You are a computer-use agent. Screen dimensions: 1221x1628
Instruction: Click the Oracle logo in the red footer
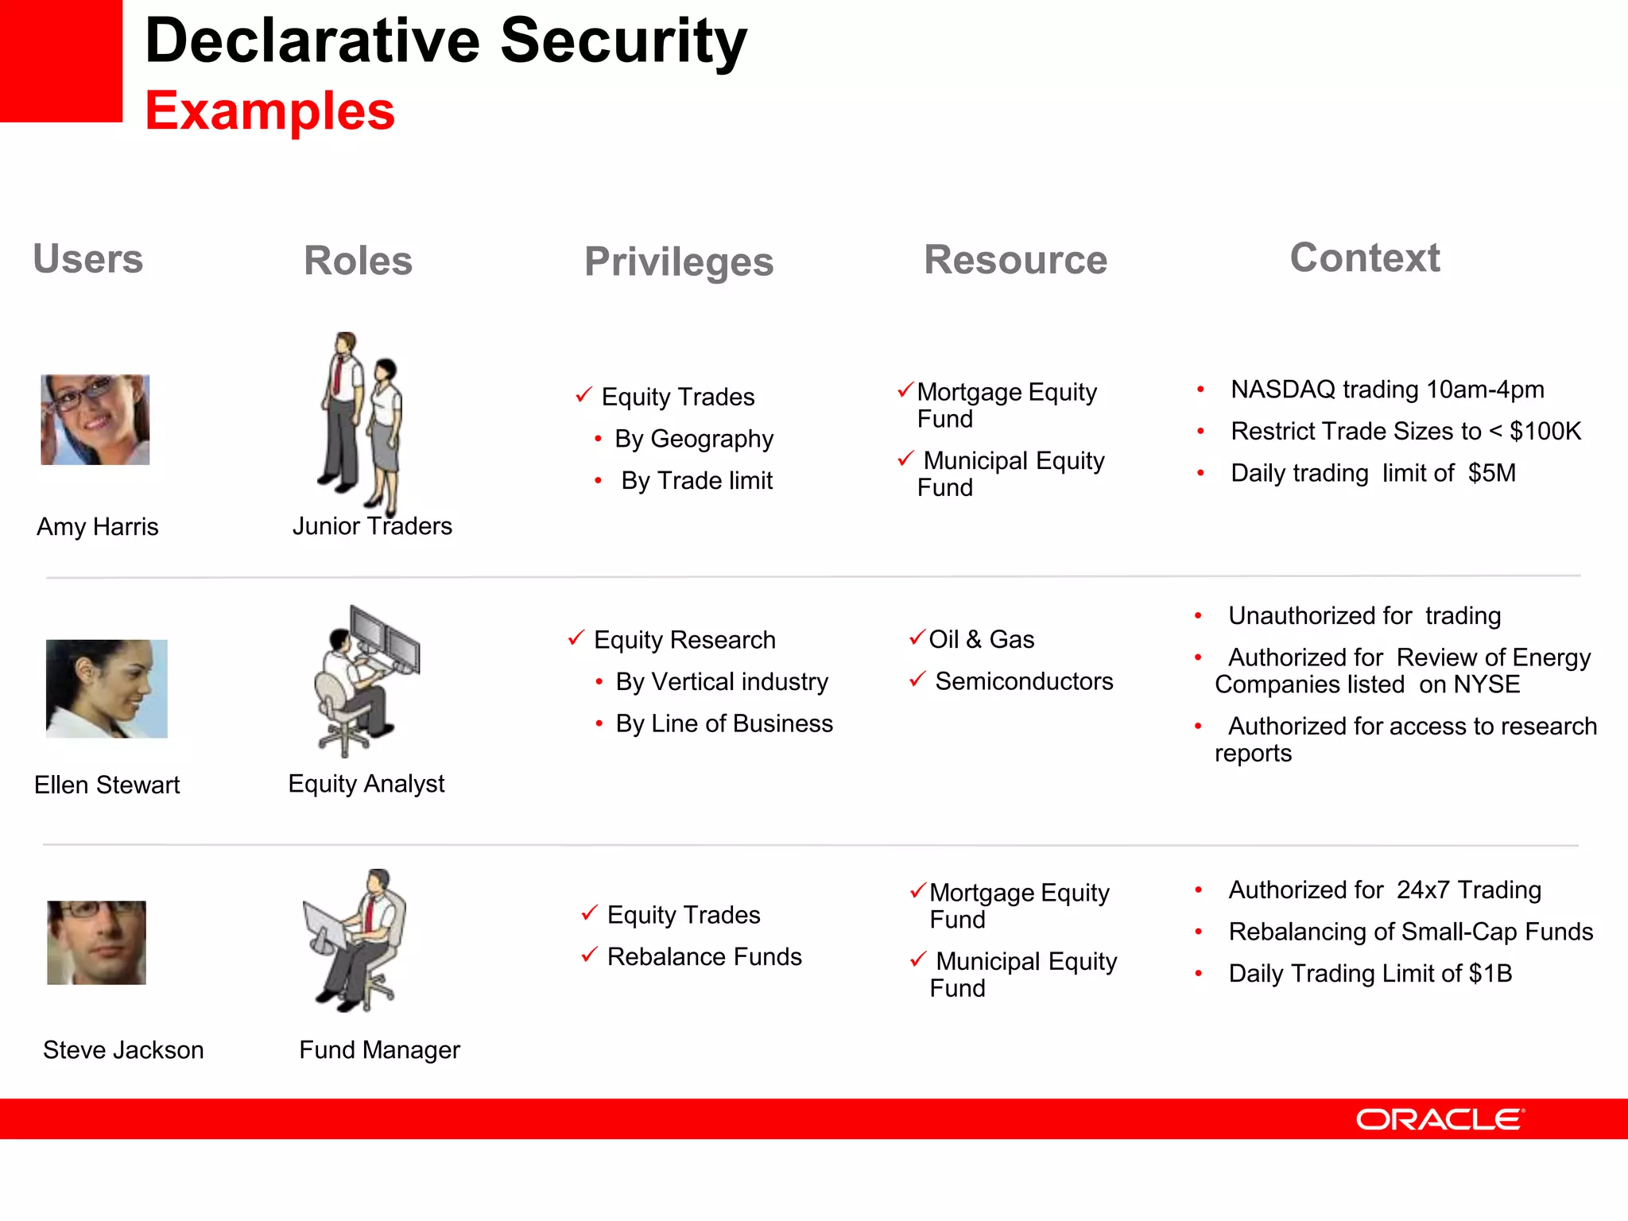1440,1119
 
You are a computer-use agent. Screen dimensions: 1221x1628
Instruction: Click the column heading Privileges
679,262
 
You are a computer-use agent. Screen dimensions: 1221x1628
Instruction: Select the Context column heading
1364,258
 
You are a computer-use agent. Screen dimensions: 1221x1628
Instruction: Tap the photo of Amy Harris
95,420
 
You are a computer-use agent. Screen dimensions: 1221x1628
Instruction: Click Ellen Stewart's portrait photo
107,688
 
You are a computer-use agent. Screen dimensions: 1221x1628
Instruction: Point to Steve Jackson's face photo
97,943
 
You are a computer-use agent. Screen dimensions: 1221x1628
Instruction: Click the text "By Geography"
693,439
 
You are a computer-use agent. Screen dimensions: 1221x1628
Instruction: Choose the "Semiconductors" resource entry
1023,681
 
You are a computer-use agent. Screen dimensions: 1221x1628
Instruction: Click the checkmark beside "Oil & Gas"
917,638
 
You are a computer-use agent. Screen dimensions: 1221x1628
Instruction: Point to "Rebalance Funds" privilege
704,956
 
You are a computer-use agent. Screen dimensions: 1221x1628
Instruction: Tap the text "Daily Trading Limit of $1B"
1370,973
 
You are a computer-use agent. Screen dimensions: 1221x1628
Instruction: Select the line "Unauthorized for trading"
1364,615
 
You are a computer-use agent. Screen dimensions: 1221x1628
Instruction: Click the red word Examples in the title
269,110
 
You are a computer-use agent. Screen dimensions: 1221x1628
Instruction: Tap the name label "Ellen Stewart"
107,785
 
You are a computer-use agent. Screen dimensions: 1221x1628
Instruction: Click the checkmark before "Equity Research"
576,638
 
